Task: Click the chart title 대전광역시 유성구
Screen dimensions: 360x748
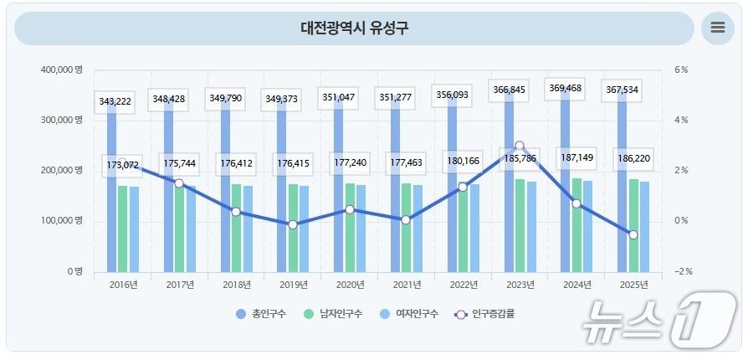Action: [x=355, y=28]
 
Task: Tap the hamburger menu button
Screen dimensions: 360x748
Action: [x=717, y=28]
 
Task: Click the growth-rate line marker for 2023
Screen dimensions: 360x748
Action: [x=520, y=146]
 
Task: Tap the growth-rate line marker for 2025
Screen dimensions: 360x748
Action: [x=633, y=235]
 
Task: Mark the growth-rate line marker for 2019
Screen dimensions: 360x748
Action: [x=293, y=224]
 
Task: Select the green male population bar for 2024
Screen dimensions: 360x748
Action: [x=576, y=225]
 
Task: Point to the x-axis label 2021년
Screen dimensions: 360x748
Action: [x=407, y=285]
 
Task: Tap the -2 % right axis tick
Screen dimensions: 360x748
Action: [x=683, y=272]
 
